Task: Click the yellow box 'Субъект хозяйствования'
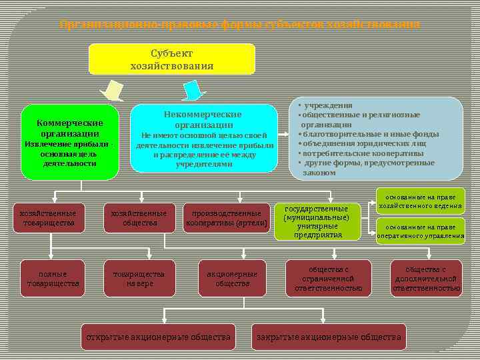point(172,59)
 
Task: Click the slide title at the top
point(240,25)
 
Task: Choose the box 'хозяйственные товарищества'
point(49,218)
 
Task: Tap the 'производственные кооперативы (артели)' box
point(226,218)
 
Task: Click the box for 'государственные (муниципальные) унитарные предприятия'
point(317,221)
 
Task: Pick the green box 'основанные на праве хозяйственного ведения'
point(420,201)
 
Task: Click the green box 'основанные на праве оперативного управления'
point(420,231)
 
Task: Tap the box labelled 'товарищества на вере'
point(138,279)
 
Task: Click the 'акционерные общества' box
point(232,279)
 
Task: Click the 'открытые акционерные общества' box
point(158,337)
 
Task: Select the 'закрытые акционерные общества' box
point(329,337)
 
